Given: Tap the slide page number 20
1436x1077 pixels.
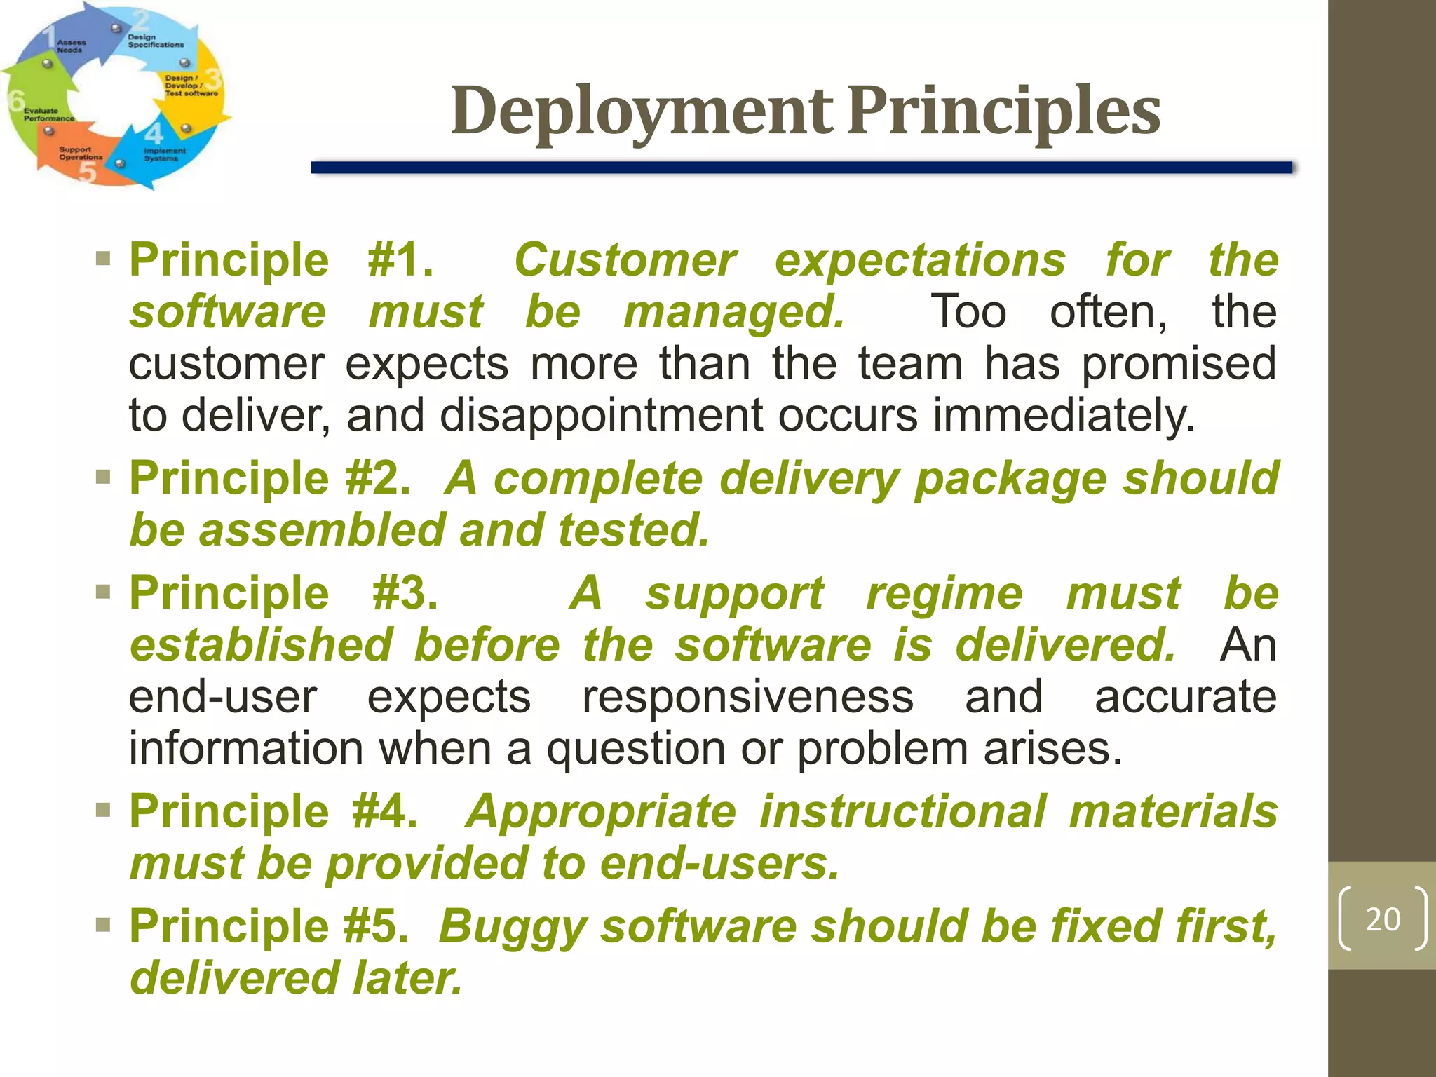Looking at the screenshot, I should [x=1383, y=919].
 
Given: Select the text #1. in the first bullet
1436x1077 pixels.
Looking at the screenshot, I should [x=400, y=260].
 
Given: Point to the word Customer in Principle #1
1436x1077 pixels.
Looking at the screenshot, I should [x=625, y=260].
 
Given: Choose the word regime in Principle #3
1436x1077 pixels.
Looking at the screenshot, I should [x=944, y=593].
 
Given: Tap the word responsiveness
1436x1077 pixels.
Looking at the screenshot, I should [x=747, y=697].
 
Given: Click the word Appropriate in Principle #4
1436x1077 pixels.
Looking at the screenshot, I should [x=601, y=811].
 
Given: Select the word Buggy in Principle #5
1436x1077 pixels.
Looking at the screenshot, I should [x=511, y=926].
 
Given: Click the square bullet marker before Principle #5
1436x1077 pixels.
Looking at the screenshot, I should [x=104, y=925].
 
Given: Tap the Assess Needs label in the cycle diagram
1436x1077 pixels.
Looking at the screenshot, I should [x=70, y=46].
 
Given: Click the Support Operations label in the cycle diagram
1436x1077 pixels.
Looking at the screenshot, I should [x=80, y=154].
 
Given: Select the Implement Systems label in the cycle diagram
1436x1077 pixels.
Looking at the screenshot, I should [x=164, y=155].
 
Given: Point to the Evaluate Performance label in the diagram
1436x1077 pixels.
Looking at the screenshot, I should [x=48, y=115].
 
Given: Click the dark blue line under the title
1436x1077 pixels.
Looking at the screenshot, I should [x=801, y=168].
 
